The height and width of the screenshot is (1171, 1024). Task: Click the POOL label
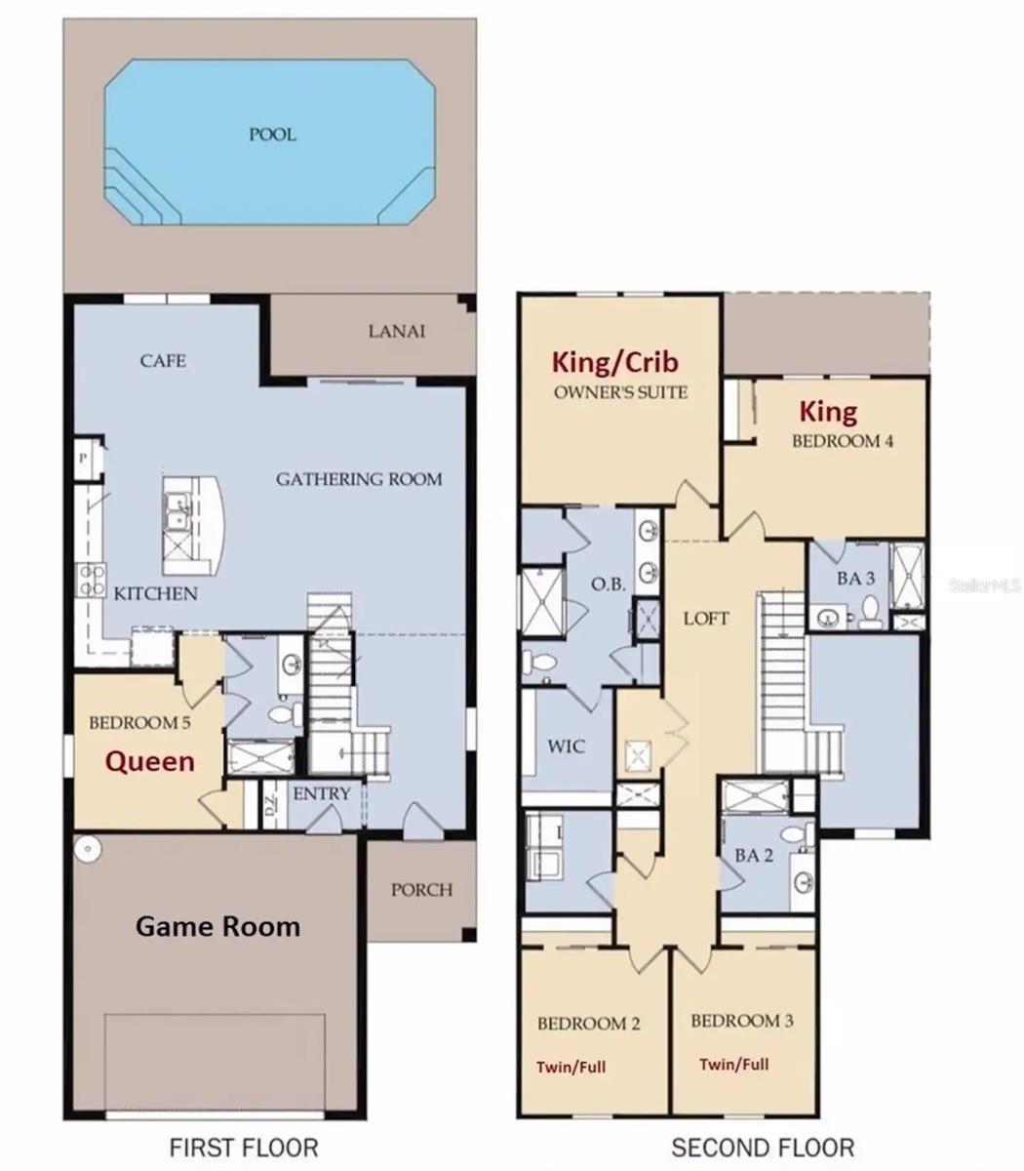click(x=272, y=135)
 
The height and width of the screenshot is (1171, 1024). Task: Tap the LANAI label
click(x=397, y=332)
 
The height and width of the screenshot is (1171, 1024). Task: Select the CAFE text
click(x=163, y=361)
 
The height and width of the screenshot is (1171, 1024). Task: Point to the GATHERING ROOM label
click(x=359, y=479)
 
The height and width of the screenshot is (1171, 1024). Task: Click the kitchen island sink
click(x=177, y=513)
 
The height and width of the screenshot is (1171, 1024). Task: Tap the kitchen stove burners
click(x=92, y=581)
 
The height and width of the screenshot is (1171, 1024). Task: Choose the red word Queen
click(x=150, y=762)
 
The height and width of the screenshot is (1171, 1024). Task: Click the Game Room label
click(x=217, y=927)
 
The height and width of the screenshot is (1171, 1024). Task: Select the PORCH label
click(x=421, y=890)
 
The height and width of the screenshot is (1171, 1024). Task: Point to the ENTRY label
click(x=322, y=793)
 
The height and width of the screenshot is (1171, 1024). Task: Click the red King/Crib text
click(x=615, y=362)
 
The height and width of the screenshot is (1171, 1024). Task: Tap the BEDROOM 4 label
click(x=842, y=441)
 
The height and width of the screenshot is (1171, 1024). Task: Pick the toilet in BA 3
click(x=871, y=612)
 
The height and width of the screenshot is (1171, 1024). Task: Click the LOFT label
click(x=706, y=618)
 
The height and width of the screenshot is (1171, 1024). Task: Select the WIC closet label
click(x=567, y=747)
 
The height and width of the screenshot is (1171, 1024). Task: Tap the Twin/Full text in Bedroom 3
click(x=734, y=1064)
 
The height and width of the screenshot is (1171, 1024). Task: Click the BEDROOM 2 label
click(x=588, y=1023)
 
